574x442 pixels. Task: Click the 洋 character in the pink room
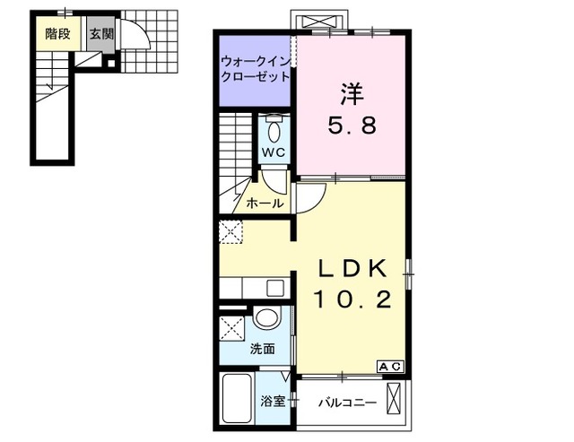click(351, 92)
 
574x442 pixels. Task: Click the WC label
click(274, 152)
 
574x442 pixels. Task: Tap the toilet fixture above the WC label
click(274, 127)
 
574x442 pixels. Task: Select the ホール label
click(265, 204)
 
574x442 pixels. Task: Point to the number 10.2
click(352, 300)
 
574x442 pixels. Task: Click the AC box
click(390, 366)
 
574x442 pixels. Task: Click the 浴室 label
click(273, 401)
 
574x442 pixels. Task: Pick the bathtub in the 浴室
click(238, 401)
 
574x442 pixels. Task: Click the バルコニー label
click(347, 403)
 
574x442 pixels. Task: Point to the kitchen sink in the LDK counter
click(274, 289)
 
